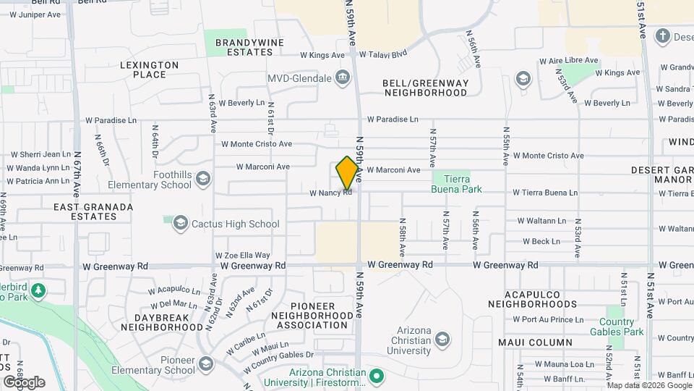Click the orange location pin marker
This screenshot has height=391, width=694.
[x=348, y=172]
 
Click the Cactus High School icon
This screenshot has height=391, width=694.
[x=179, y=224]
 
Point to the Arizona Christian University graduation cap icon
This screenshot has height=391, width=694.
[x=442, y=340]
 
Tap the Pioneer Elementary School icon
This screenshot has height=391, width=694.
[x=206, y=363]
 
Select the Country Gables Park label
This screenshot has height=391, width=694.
[x=625, y=327]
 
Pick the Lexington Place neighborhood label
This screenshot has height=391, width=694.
[x=150, y=70]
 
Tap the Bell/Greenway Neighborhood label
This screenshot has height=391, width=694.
[x=425, y=88]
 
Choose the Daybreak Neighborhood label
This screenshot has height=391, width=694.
[x=161, y=322]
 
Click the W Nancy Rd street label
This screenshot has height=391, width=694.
[x=330, y=193]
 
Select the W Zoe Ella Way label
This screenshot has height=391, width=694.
[x=242, y=255]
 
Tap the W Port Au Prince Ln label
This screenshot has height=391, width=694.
[x=547, y=319]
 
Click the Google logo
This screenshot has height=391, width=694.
[x=24, y=382]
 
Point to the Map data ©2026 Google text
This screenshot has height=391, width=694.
[x=647, y=385]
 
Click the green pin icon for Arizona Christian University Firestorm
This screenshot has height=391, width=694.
[x=376, y=376]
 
